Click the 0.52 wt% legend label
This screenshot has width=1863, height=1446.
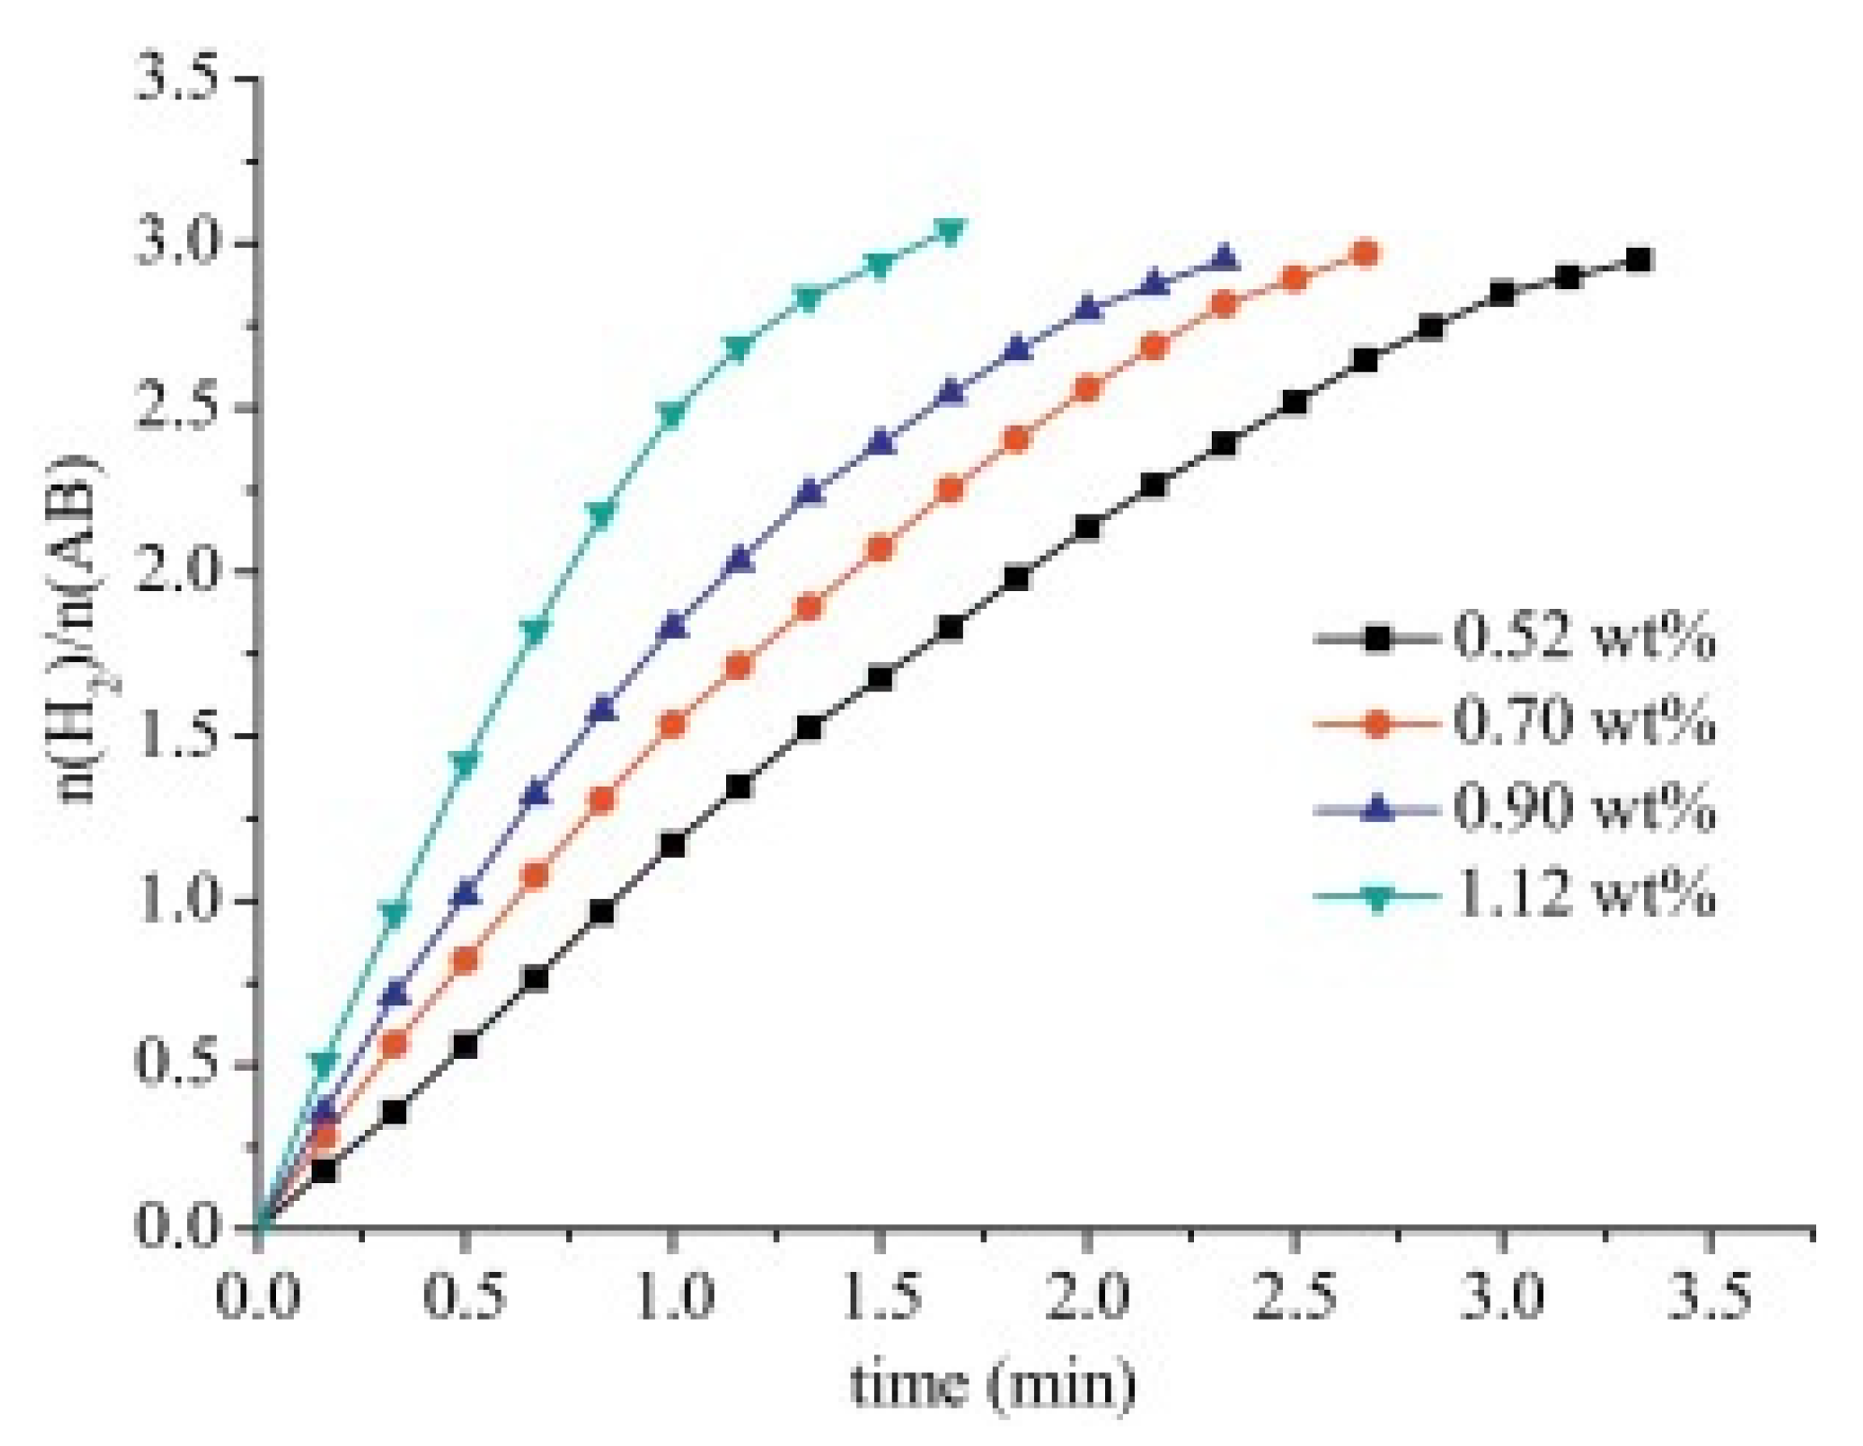click(x=1583, y=638)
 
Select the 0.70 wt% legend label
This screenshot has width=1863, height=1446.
click(x=1583, y=722)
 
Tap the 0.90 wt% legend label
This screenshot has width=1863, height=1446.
click(x=1583, y=808)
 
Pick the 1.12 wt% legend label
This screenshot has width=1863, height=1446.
click(x=1583, y=893)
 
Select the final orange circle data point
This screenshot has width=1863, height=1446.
click(x=1365, y=253)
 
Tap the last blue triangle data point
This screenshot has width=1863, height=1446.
click(x=1224, y=257)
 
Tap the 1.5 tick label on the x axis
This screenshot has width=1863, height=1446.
click(x=880, y=1297)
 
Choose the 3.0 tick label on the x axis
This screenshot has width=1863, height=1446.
click(x=1501, y=1297)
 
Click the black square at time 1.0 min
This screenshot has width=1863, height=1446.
click(x=672, y=845)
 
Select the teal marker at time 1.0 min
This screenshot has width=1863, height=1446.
click(x=672, y=415)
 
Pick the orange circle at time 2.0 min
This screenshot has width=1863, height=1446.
click(x=1087, y=388)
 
